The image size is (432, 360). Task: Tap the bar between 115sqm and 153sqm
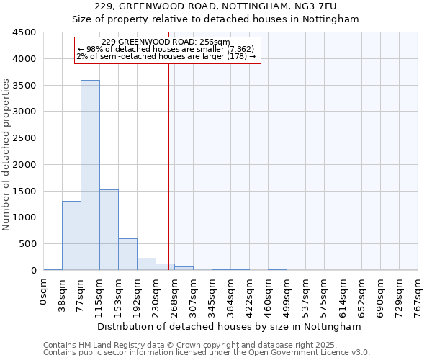(x=109, y=230)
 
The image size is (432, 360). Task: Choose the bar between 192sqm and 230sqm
(x=146, y=264)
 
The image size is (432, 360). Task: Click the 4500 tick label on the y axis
(x=24, y=32)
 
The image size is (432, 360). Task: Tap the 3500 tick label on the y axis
(x=24, y=85)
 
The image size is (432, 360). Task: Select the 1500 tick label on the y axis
(x=24, y=191)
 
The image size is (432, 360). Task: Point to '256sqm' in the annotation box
(x=216, y=42)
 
